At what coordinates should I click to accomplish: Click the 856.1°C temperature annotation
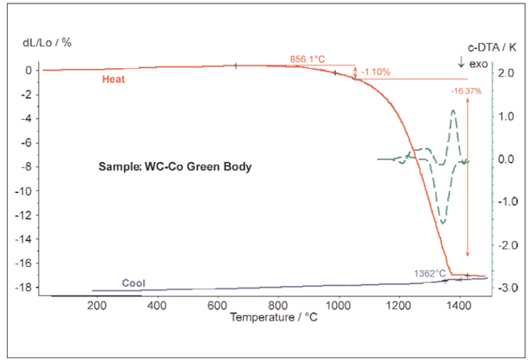[x=307, y=59]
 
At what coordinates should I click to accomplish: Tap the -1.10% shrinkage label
[x=376, y=71]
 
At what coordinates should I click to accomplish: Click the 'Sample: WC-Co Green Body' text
[x=175, y=167]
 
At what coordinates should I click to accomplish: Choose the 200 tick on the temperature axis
[x=96, y=305]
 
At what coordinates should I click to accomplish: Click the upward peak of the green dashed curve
[x=453, y=110]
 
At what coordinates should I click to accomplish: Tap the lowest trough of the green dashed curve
[x=443, y=223]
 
